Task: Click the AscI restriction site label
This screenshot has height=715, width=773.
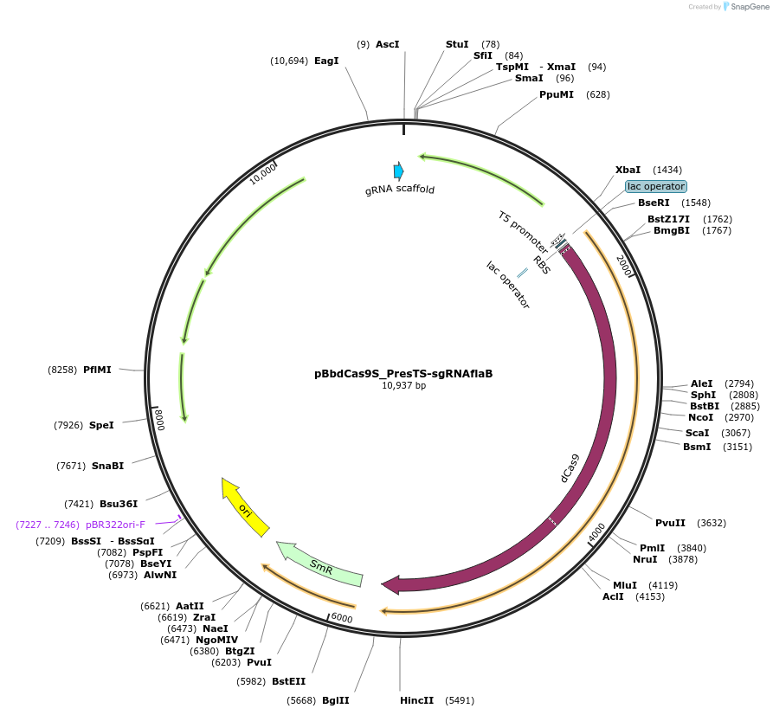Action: (387, 44)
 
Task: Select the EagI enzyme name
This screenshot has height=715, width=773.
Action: (326, 61)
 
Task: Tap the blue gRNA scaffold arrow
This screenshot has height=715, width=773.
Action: (398, 171)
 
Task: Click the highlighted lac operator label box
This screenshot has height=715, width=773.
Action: (656, 186)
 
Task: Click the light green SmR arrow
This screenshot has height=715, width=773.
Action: (319, 565)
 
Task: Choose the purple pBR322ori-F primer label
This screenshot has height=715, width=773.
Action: (115, 525)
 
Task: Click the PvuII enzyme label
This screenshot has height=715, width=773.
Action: (670, 523)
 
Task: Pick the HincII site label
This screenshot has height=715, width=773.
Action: (416, 699)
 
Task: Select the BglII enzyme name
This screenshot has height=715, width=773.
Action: (336, 699)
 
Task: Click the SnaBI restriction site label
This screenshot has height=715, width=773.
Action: (107, 466)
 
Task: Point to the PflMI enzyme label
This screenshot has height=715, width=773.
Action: (98, 370)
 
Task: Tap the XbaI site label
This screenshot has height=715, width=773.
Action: (628, 170)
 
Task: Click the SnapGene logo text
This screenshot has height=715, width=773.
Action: (750, 7)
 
